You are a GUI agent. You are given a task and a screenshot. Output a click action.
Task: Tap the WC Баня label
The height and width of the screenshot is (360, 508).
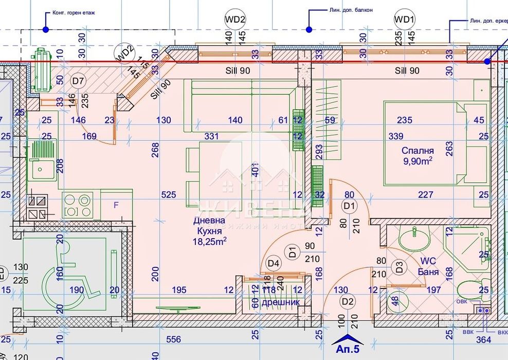[427, 267]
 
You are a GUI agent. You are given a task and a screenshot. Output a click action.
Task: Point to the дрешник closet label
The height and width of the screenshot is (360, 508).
[281, 302]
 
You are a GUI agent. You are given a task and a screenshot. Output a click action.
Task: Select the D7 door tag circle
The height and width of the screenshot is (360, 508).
[78, 81]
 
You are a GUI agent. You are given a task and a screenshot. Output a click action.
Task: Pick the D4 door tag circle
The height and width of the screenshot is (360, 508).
[274, 263]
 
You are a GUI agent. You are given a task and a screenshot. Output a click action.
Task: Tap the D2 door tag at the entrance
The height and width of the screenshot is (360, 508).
[348, 301]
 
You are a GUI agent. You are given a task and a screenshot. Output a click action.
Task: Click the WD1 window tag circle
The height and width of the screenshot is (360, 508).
[405, 20]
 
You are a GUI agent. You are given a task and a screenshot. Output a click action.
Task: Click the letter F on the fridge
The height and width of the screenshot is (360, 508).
[116, 205]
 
